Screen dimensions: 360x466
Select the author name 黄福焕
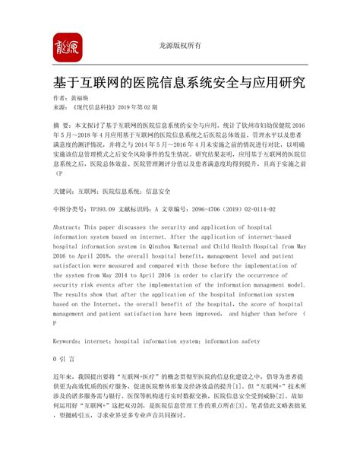[89, 100]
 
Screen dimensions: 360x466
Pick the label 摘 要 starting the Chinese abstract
[62, 123]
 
